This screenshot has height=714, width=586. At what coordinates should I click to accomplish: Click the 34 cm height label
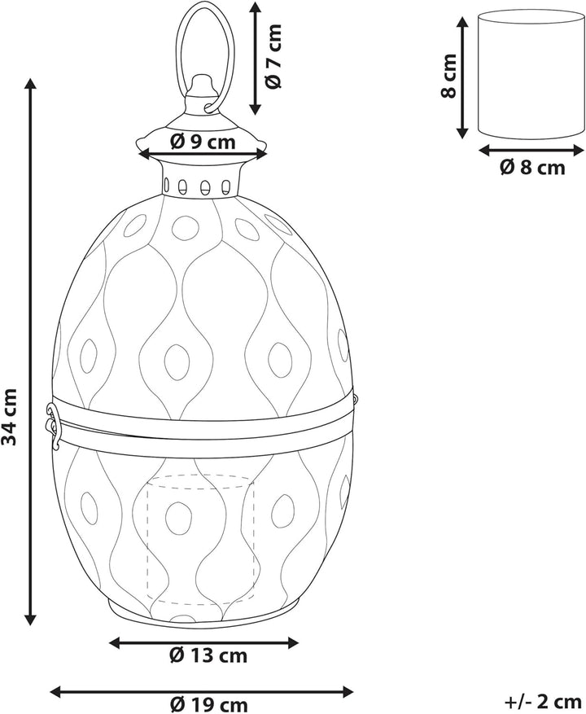pos(9,417)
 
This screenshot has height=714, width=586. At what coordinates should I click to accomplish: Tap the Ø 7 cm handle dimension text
pos(273,56)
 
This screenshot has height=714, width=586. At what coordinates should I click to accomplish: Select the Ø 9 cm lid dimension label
pos(203,142)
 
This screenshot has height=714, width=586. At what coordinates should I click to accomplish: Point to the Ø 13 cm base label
pos(208,655)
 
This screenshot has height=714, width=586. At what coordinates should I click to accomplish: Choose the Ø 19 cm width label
pos(209,705)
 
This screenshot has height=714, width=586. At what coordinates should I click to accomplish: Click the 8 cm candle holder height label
pos(449,76)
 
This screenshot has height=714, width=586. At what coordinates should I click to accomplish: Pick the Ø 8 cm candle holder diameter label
pos(532,168)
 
